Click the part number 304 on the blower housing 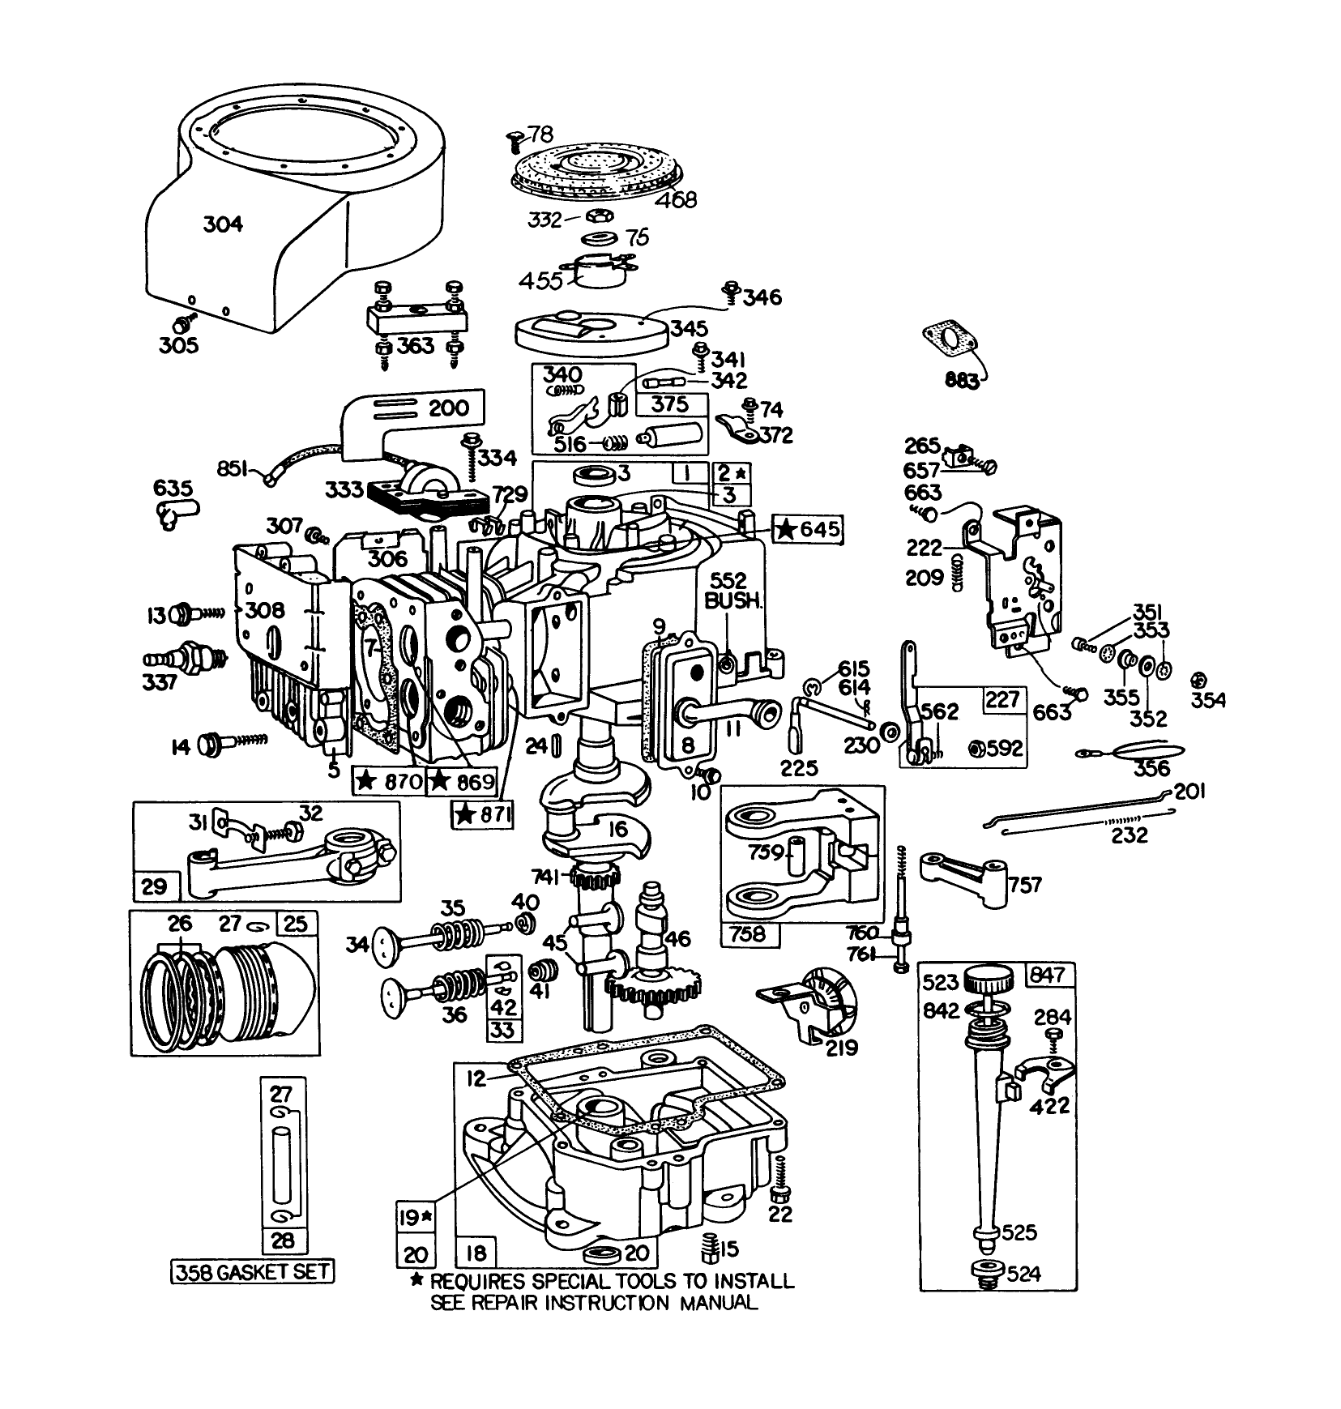222,224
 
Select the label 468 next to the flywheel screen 675,199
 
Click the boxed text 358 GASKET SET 253,1271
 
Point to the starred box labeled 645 807,530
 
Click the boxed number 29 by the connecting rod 154,886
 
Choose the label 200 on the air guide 448,407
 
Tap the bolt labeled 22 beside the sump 782,1214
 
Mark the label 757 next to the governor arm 1025,884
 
